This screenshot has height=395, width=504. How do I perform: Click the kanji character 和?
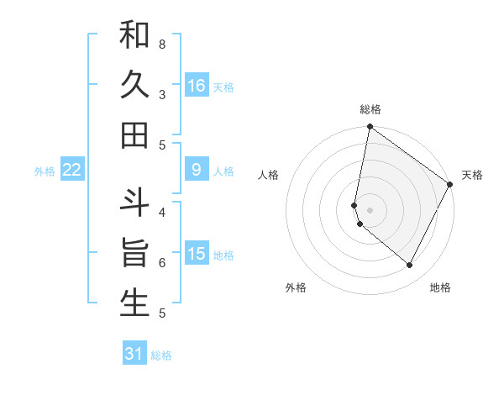pos(134,35)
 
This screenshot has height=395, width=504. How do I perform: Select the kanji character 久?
pos(134,85)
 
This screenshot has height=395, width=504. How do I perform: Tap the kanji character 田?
pos(134,134)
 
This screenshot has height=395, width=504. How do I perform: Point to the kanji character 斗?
pos(134,204)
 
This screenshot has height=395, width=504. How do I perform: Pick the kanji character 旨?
pos(134,254)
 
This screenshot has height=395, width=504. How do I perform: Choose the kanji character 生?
pos(134,303)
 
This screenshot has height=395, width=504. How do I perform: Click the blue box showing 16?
pos(197,85)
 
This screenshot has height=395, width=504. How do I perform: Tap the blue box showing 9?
pos(197,170)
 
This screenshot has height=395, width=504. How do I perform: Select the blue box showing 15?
pos(197,254)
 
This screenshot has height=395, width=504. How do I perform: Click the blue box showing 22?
pos(72,170)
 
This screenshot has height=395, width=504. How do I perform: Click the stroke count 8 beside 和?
pos(161,44)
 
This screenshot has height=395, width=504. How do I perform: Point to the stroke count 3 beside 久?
pos(161,94)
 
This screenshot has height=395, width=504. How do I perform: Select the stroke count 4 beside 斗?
pos(161,213)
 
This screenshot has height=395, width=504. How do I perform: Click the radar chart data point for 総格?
pos(370,127)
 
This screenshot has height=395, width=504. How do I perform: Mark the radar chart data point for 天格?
pos(450,184)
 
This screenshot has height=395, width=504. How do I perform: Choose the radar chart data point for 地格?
pos(409,266)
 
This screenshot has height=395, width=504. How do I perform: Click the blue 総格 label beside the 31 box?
pos(162,355)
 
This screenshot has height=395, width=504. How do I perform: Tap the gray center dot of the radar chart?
pos(370,210)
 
